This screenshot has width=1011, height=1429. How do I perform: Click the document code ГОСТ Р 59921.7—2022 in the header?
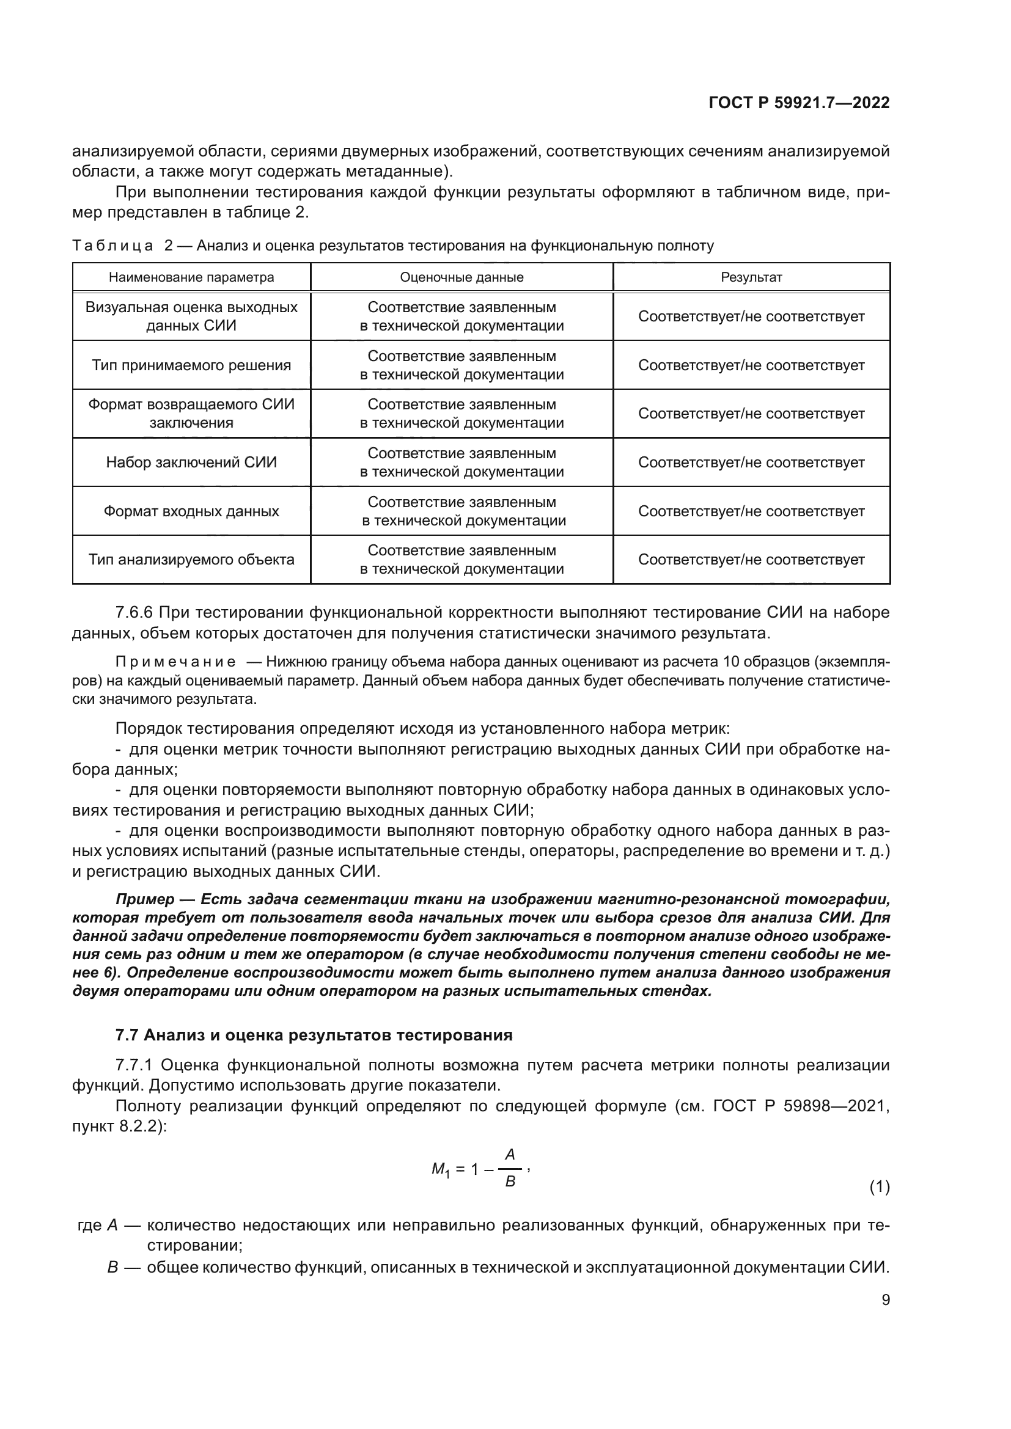click(x=799, y=103)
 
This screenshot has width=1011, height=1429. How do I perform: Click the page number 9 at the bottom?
click(x=885, y=1318)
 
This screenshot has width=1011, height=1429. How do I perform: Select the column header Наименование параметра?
click(x=191, y=277)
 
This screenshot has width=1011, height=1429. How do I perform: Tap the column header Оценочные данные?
click(x=461, y=277)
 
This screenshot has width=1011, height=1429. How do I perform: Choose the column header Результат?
click(x=751, y=277)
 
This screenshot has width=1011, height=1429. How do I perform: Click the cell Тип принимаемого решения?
click(x=191, y=365)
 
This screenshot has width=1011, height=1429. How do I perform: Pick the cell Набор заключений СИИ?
click(x=191, y=462)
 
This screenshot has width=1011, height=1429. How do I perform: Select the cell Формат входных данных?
click(x=191, y=511)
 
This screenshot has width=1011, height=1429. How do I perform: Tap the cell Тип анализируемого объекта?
click(x=191, y=560)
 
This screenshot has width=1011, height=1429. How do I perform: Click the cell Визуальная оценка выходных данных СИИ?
click(x=191, y=316)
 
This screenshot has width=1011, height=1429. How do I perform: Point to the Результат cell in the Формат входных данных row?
click(x=751, y=511)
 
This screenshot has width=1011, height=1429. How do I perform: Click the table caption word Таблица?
click(x=112, y=246)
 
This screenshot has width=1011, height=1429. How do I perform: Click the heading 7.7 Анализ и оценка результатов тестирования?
click(x=314, y=1034)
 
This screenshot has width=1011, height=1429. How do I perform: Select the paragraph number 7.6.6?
click(x=134, y=613)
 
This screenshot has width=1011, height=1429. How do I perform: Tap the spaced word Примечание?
click(x=175, y=661)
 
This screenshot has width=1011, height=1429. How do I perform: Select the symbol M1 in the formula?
click(x=440, y=1170)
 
